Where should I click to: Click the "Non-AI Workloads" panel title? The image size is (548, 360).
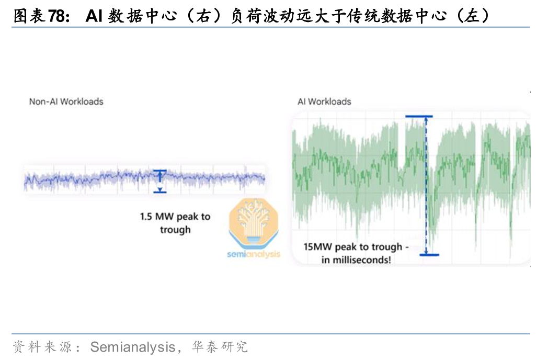66,102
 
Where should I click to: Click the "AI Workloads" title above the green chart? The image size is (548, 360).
324,102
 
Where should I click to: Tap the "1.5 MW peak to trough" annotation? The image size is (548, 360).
175,223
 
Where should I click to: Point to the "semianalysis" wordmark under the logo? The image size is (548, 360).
254,254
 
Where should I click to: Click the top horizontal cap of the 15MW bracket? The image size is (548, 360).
419,116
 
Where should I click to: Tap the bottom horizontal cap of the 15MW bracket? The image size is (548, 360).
429,255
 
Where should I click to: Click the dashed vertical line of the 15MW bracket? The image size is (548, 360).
426,185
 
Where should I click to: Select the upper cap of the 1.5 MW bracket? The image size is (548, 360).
159,171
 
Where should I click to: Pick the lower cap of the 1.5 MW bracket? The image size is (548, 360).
159,192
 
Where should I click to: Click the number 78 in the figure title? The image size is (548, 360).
56,16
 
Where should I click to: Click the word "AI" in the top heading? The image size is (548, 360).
94,16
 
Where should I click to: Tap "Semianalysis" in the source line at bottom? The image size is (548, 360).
133,347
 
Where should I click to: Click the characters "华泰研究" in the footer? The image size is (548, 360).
220,347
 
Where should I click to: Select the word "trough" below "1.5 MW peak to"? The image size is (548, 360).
176,230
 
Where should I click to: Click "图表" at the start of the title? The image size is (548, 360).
29,16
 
